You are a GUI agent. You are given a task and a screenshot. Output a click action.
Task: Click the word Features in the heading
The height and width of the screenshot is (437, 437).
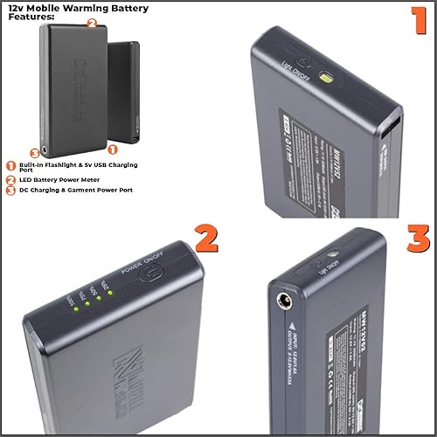point(38,17)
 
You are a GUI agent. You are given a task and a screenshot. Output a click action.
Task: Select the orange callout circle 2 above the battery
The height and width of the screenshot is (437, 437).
point(93,24)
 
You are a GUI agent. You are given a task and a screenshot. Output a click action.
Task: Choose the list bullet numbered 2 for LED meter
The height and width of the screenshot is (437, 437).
point(11,178)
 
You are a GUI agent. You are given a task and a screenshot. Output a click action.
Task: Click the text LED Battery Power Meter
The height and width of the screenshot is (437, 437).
point(61,178)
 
